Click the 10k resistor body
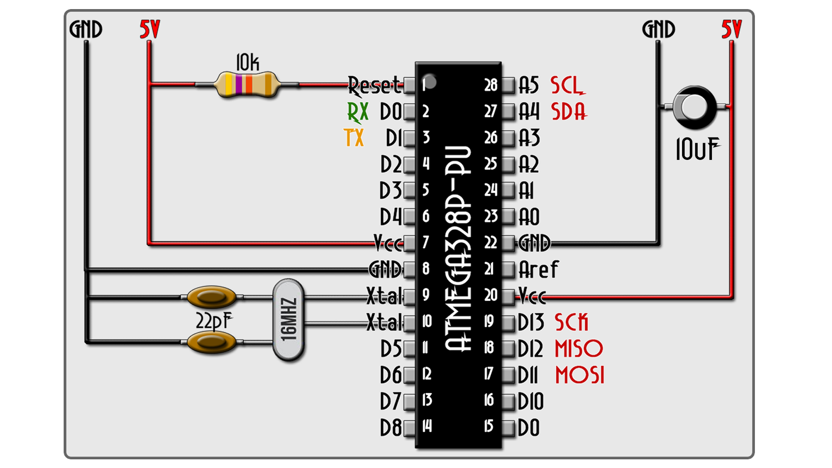click(x=247, y=85)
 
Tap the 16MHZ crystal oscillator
click(x=288, y=320)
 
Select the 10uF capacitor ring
click(x=694, y=107)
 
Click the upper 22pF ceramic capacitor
click(x=211, y=297)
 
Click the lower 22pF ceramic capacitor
click(x=211, y=342)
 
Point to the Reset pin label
click(x=373, y=85)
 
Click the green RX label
click(x=357, y=112)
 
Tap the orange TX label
click(x=354, y=138)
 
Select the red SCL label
click(x=567, y=85)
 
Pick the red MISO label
click(x=579, y=349)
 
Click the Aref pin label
click(x=538, y=270)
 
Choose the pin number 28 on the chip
click(x=491, y=85)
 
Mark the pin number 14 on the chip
click(x=427, y=426)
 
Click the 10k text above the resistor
click(x=247, y=63)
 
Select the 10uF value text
click(x=697, y=149)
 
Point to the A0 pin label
click(x=529, y=217)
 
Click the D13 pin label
click(x=531, y=323)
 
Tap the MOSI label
click(x=580, y=375)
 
